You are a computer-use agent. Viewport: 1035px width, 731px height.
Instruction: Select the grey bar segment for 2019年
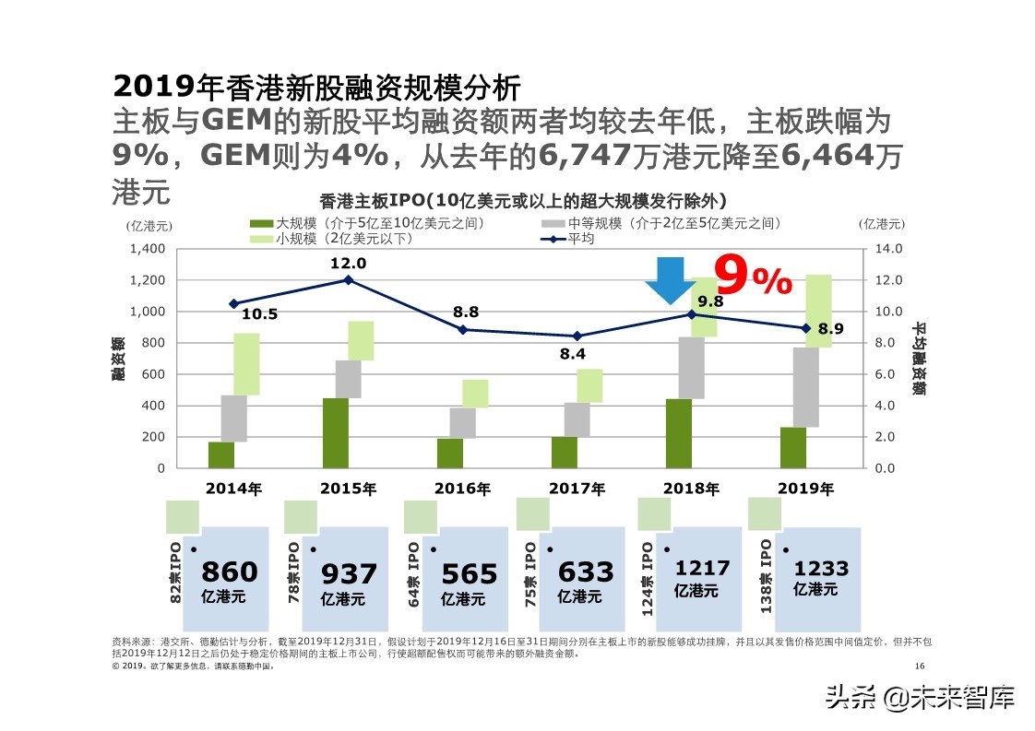pos(806,387)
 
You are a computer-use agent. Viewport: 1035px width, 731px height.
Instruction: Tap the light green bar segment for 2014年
pos(246,364)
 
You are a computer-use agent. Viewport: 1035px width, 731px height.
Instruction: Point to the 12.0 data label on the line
pos(349,264)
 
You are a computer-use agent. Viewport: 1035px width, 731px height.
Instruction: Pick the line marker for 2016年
pos(463,329)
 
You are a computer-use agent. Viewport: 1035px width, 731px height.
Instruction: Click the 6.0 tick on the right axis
pos(884,374)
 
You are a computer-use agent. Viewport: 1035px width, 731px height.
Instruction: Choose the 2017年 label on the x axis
pos(577,489)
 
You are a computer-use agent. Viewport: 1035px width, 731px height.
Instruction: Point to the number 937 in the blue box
pos(349,574)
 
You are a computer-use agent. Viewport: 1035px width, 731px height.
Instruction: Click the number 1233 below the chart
pos(821,569)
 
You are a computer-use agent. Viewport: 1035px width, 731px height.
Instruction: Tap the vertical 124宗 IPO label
pos(648,579)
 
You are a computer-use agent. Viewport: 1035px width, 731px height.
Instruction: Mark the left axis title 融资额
pos(118,359)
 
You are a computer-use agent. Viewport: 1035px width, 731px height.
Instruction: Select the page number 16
pos(919,666)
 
